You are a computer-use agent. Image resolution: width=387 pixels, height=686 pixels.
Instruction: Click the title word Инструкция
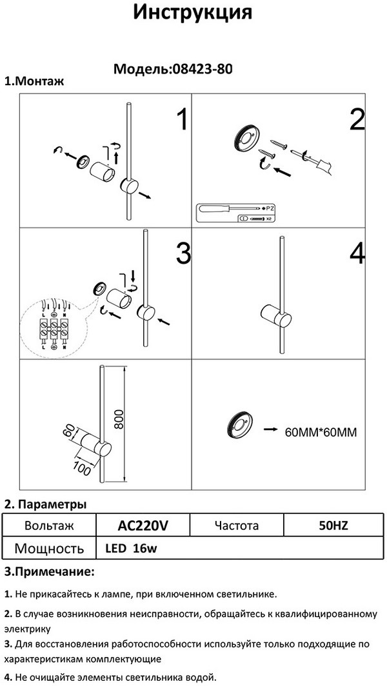(192, 13)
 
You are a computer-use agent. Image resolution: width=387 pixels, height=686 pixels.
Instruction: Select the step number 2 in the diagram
(357, 120)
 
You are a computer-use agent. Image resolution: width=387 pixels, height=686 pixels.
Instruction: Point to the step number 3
(183, 254)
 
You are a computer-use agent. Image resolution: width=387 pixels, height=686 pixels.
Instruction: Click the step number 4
(357, 254)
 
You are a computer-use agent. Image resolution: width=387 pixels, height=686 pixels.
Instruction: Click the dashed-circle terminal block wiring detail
(50, 328)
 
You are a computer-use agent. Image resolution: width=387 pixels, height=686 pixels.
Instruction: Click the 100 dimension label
(83, 467)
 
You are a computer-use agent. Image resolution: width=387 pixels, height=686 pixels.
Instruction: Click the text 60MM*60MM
(320, 431)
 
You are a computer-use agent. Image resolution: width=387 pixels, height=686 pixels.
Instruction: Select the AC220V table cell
(143, 525)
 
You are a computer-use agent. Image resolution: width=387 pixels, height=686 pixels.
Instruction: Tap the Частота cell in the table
(236, 525)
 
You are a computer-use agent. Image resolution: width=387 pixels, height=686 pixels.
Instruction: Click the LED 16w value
(131, 549)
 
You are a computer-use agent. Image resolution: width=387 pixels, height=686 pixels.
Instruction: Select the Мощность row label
(49, 549)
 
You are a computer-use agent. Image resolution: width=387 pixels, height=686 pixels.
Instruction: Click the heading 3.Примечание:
(50, 572)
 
